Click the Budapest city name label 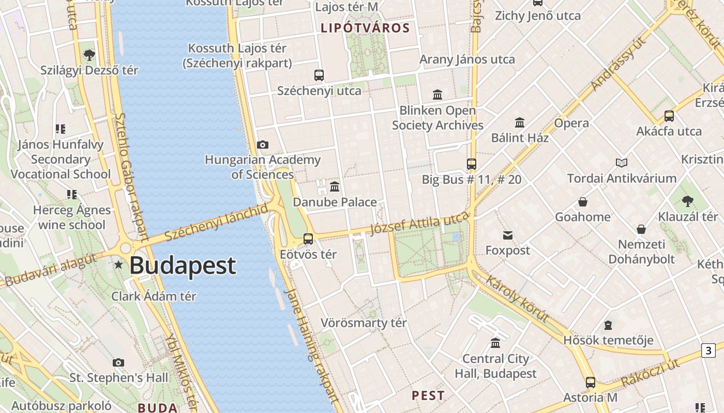click(182, 265)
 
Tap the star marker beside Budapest click(119, 265)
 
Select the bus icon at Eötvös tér click(308, 239)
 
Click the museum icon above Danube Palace click(335, 186)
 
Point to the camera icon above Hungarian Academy click(263, 145)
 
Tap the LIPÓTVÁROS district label click(365, 28)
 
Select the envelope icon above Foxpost click(508, 235)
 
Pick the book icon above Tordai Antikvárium click(622, 163)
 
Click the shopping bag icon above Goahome click(583, 202)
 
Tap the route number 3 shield click(708, 351)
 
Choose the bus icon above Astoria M click(591, 383)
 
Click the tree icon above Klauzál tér click(687, 201)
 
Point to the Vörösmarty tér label click(364, 323)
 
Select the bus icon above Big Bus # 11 click(472, 164)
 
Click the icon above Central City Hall click(495, 343)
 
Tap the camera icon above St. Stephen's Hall click(118, 363)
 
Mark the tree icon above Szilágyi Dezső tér click(89, 55)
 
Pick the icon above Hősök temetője click(608, 325)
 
